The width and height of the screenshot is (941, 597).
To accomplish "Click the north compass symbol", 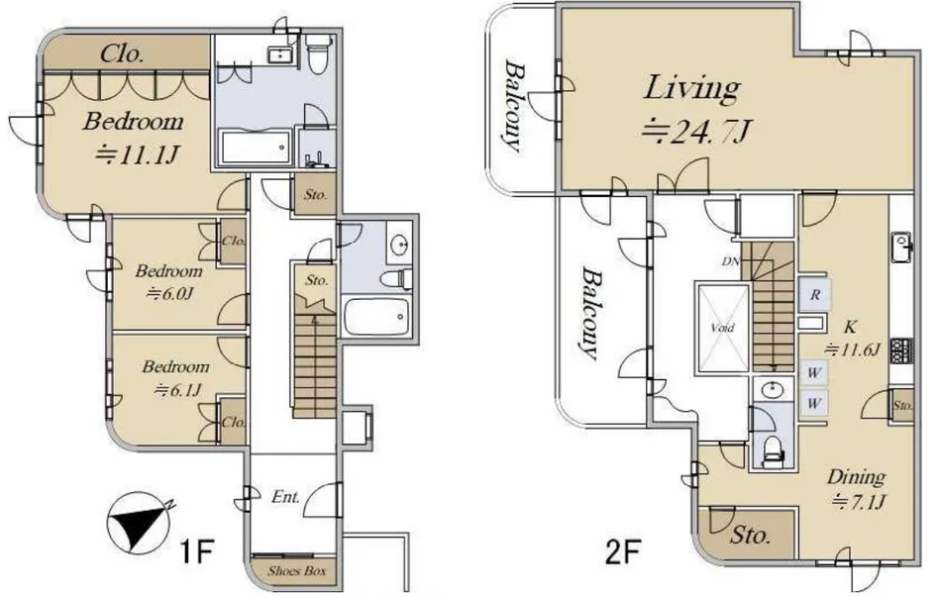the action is pos(138,521).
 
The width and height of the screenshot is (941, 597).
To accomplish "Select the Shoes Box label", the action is pos(297,570).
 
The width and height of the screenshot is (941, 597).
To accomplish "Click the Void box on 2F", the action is pos(722,328).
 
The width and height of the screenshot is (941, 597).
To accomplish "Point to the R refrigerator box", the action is pos(815,295).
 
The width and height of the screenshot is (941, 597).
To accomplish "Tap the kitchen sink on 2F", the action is pos(900,247).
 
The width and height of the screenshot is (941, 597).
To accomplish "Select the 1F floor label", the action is pos(197,551).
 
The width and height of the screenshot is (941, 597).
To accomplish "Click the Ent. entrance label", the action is pos(285,497).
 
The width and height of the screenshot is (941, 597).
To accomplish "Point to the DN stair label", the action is pos(730,261).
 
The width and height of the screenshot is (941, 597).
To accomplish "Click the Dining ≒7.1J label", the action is pos(857,488).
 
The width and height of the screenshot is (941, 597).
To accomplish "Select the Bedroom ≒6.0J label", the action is pos(168,282).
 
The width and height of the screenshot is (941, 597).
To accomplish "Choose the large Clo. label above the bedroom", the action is pos(122,54).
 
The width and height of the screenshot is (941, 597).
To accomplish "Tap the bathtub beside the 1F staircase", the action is pos(376,316).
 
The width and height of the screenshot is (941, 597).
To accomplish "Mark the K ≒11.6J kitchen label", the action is pos(852,338).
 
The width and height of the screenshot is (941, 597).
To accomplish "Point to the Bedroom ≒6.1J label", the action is pos(175,378).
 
